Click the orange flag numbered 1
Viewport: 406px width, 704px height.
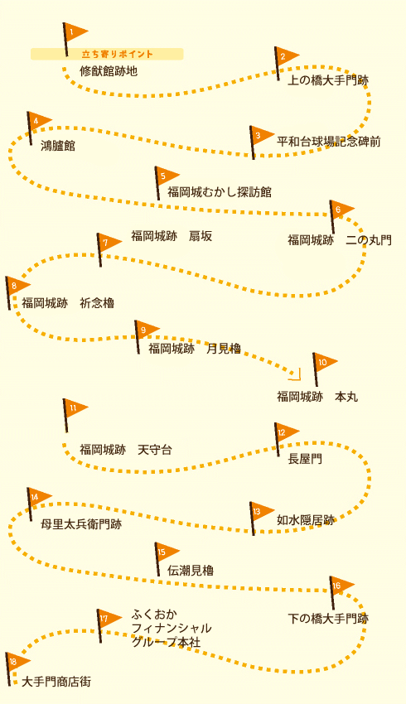[75, 39]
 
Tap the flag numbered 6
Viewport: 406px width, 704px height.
[341, 216]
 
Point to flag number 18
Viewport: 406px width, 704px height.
[17, 669]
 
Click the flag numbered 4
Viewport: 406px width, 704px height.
[39, 128]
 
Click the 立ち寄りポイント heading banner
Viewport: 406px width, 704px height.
[107, 54]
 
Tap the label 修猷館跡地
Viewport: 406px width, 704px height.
[109, 71]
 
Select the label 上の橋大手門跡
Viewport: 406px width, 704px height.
[328, 80]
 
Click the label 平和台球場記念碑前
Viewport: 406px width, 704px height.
[329, 142]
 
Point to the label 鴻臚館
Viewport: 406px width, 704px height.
[58, 146]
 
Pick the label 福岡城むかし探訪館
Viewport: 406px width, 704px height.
[220, 192]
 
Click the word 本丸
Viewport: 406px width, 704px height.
[346, 397]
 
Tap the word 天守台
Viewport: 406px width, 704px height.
[155, 450]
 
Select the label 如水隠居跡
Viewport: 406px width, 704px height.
[306, 520]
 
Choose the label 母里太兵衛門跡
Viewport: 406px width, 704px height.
[81, 524]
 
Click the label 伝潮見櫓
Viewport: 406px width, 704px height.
[191, 570]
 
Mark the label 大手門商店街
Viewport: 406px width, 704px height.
[56, 682]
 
